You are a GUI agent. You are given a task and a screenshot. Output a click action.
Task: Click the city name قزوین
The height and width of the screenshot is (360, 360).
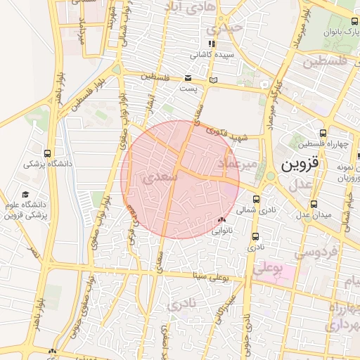coord(300,165)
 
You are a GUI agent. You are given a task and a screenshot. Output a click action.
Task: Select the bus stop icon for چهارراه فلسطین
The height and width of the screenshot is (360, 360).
coord(323,133)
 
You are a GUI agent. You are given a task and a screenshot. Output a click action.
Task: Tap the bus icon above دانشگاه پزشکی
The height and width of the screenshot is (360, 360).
coord(47,153)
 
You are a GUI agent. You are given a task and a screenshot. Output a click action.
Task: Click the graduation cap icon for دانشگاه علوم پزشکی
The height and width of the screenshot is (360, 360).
coord(25,195)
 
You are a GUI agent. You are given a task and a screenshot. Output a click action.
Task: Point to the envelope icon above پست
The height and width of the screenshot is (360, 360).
coord(188,78)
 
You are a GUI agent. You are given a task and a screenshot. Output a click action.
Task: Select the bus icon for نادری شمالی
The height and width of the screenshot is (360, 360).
coord(256,198)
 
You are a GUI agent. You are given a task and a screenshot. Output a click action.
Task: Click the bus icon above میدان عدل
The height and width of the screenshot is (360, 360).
coord(313,204)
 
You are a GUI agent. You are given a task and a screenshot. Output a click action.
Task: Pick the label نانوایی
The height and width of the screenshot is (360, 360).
coord(222,230)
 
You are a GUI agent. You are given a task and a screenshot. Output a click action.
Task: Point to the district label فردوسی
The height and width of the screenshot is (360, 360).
coord(317,251)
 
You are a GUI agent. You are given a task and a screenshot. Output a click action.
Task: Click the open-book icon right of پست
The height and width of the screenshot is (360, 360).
coord(214,79)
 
